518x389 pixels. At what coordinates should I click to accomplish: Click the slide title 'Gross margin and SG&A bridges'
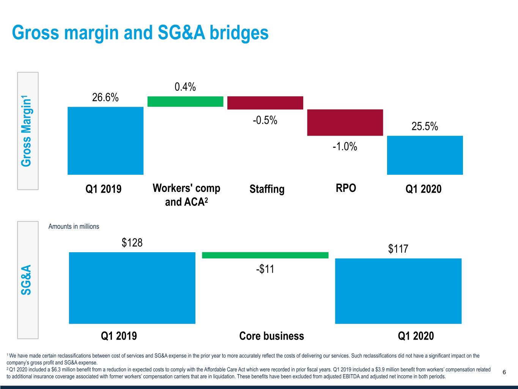point(140,33)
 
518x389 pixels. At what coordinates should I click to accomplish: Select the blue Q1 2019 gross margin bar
point(105,141)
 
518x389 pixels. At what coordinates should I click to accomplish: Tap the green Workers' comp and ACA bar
point(185,101)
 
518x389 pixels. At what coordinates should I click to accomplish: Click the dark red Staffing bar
point(265,103)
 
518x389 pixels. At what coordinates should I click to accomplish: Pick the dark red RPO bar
point(345,122)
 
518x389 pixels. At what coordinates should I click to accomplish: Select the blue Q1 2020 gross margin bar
point(425,155)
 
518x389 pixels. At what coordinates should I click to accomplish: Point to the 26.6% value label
point(105,98)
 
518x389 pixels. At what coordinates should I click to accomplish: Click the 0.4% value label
point(185,87)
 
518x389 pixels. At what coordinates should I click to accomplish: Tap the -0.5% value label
point(265,120)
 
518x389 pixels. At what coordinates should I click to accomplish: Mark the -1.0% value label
point(345,146)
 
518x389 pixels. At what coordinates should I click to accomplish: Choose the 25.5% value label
point(425,126)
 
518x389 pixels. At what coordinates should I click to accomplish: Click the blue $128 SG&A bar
point(132,288)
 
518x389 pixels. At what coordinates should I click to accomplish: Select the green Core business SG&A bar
point(265,255)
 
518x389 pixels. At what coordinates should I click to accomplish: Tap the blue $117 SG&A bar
point(398,291)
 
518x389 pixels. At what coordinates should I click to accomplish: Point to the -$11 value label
point(265,269)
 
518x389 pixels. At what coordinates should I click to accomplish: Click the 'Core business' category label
point(272,336)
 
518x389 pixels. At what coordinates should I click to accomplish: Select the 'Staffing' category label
point(267,189)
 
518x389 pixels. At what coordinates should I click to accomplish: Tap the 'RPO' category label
point(346,188)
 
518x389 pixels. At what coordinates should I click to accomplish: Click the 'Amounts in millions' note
point(74,226)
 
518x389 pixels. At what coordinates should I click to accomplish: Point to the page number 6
point(504,372)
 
